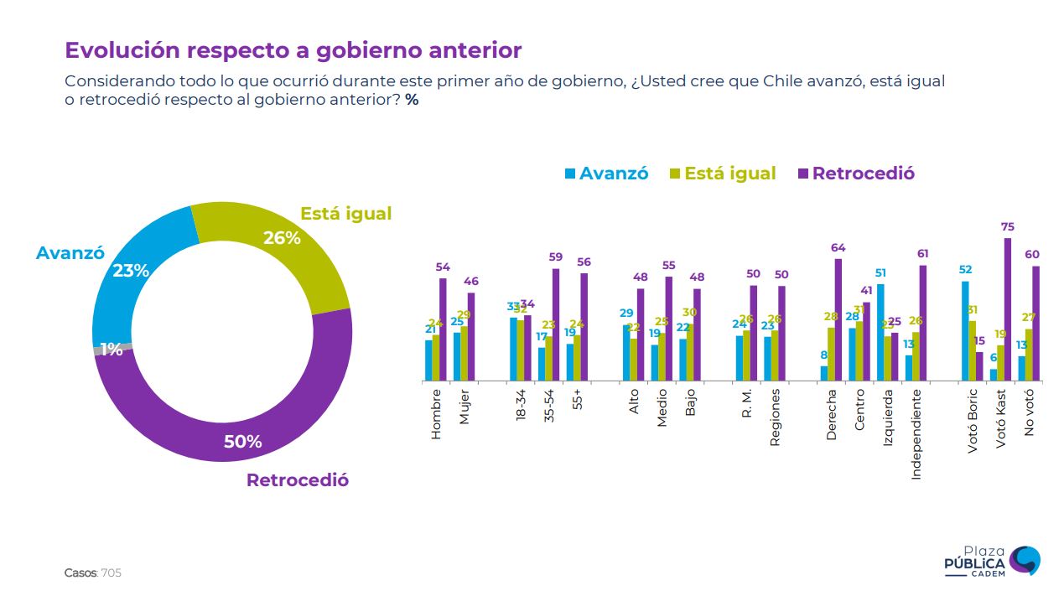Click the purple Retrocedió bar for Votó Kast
tap(1007, 310)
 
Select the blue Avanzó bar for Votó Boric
tap(965, 332)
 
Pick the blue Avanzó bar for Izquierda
tap(880, 334)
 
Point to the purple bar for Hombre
tap(443, 330)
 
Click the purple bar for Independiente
tap(922, 324)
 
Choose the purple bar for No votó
tap(1035, 324)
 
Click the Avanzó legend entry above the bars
tap(606, 174)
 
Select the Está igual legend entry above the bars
tap(722, 174)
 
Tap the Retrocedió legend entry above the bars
tap(855, 174)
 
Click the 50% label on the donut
tap(242, 442)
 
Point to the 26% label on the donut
tap(282, 238)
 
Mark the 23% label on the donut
tap(131, 271)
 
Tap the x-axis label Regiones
tap(775, 417)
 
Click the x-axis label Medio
tap(662, 407)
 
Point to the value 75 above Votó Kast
tap(1008, 227)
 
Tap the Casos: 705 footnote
tap(93, 573)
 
